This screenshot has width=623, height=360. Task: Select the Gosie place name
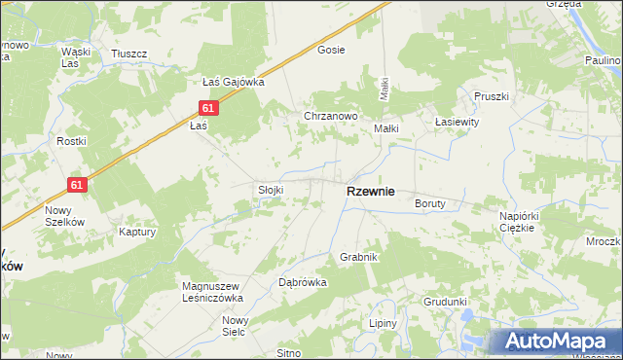(332, 50)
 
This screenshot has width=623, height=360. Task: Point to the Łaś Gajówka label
(233, 82)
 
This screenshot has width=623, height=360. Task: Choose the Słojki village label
(270, 190)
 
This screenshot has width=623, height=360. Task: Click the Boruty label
(429, 204)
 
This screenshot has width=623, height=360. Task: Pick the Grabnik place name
(358, 257)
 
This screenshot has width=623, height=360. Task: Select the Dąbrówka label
(303, 281)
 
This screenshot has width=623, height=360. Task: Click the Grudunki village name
(446, 302)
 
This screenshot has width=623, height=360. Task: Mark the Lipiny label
(383, 323)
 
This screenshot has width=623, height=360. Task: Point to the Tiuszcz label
(128, 53)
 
